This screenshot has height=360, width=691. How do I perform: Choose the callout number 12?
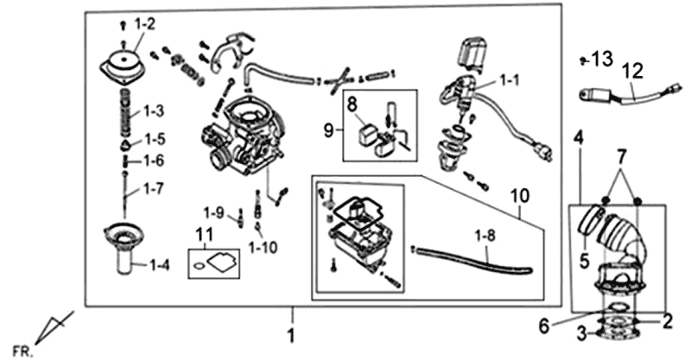[633, 68]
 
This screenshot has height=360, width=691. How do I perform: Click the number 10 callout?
[518, 199]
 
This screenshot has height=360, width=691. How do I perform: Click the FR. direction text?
[25, 351]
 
